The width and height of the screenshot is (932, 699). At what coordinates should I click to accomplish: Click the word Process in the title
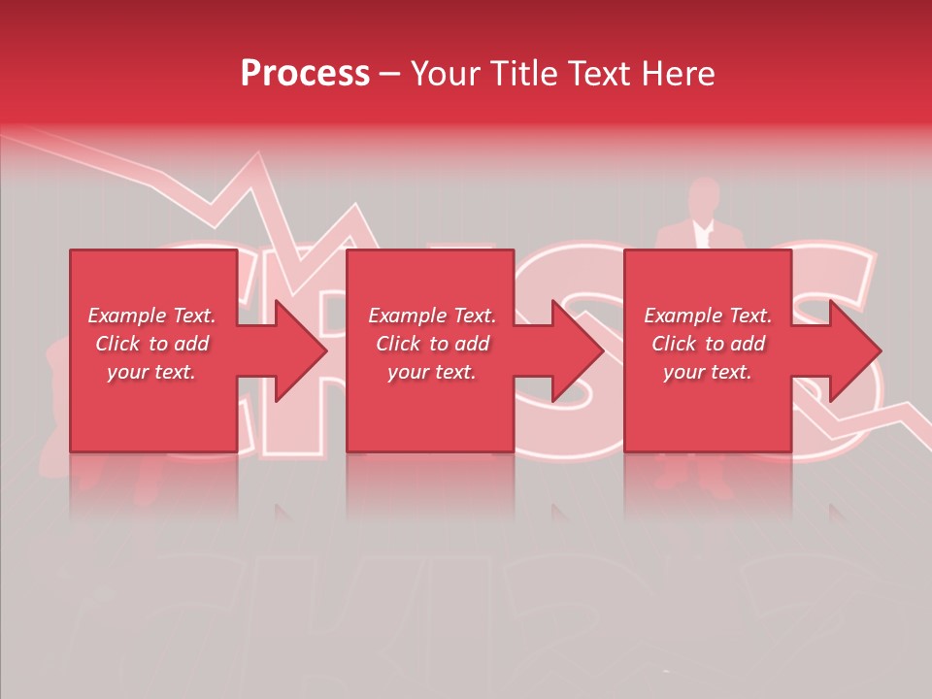click(305, 74)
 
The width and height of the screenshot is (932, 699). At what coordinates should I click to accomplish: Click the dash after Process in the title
click(389, 75)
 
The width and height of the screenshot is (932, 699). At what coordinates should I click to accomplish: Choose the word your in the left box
click(126, 372)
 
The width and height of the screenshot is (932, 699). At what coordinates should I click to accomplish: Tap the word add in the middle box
click(471, 344)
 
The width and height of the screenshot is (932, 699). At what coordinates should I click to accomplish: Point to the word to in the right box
click(715, 344)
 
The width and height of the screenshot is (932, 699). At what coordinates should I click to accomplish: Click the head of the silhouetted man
click(703, 198)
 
